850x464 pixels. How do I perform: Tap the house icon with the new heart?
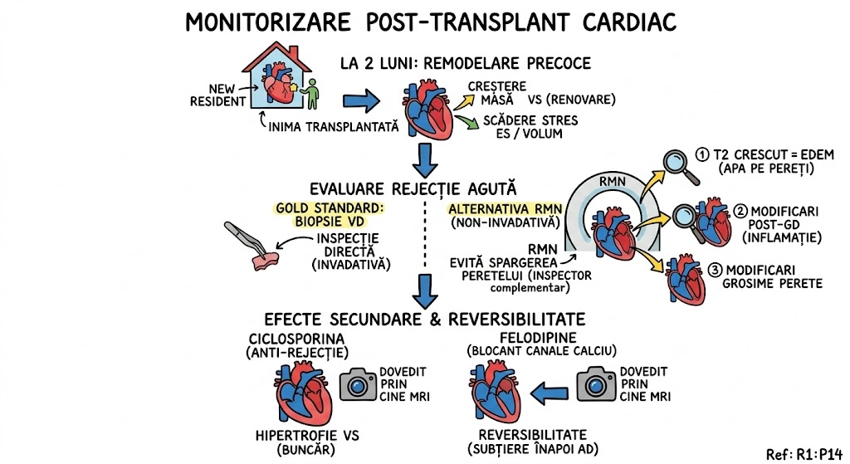[x=277, y=78]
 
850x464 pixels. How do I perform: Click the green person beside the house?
[x=312, y=95]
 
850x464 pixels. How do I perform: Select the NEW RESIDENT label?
[x=217, y=95]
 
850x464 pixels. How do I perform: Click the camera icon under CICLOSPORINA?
[x=358, y=384]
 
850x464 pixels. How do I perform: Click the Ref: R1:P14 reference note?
[x=804, y=453]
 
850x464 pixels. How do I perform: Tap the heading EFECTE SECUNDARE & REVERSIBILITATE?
[x=425, y=320]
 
